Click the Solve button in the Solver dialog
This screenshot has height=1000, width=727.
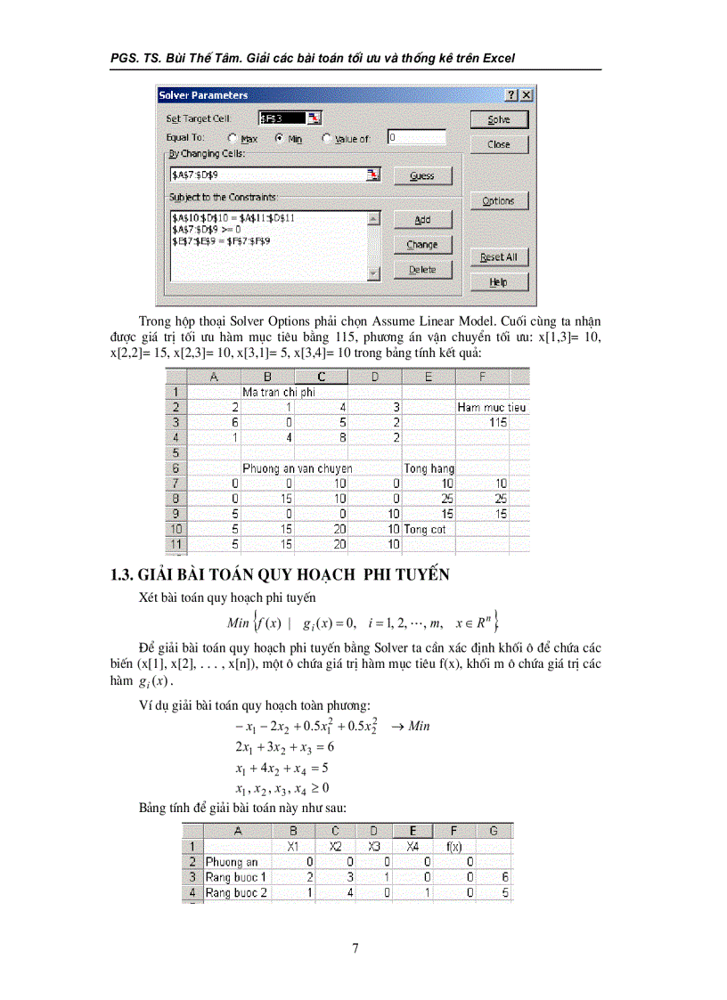pyautogui.click(x=499, y=119)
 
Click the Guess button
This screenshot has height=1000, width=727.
pyautogui.click(x=422, y=175)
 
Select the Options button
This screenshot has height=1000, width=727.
pyautogui.click(x=499, y=200)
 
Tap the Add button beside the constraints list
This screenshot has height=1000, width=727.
pyautogui.click(x=422, y=219)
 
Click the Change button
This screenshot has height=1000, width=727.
pyautogui.click(x=422, y=244)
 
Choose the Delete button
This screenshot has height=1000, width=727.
pyautogui.click(x=422, y=269)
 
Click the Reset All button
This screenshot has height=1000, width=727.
pyautogui.click(x=499, y=257)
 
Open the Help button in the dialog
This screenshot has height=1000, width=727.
pyautogui.click(x=499, y=282)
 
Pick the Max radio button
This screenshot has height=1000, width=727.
pyautogui.click(x=233, y=139)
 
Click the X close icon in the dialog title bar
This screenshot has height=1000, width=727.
pyautogui.click(x=527, y=95)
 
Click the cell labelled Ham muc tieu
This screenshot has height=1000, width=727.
pyautogui.click(x=492, y=407)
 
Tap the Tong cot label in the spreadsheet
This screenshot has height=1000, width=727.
pyautogui.click(x=425, y=529)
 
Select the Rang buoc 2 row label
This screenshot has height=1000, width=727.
pyautogui.click(x=237, y=893)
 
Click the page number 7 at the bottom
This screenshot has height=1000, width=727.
pyautogui.click(x=355, y=948)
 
